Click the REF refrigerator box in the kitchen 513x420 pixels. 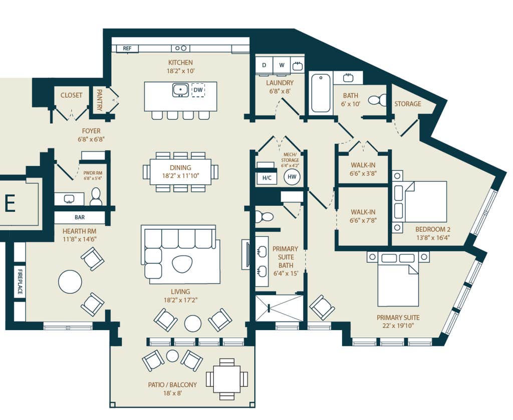[x=127, y=48]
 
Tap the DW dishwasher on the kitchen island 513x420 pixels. [x=198, y=90]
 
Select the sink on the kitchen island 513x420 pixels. [x=180, y=90]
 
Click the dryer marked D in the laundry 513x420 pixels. [x=265, y=65]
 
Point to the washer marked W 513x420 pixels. [x=282, y=65]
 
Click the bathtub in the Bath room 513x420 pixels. [x=321, y=93]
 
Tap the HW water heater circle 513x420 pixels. [x=292, y=177]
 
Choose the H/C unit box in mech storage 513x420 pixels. [x=267, y=178]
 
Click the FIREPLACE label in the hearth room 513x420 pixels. [x=20, y=282]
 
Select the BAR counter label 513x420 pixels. [x=80, y=217]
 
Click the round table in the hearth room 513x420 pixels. [x=70, y=282]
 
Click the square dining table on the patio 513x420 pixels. [x=227, y=379]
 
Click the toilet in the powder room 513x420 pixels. [x=96, y=197]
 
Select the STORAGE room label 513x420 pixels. [x=408, y=104]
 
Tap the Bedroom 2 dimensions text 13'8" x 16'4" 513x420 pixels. [x=433, y=238]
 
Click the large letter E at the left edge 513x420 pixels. [x=10, y=203]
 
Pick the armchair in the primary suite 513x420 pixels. [x=322, y=307]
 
